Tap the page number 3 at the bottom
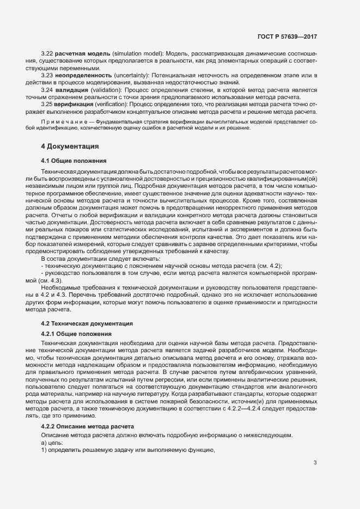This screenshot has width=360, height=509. click(315, 463)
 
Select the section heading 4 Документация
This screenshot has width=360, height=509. click(70, 146)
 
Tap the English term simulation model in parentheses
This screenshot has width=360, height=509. click(136, 54)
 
